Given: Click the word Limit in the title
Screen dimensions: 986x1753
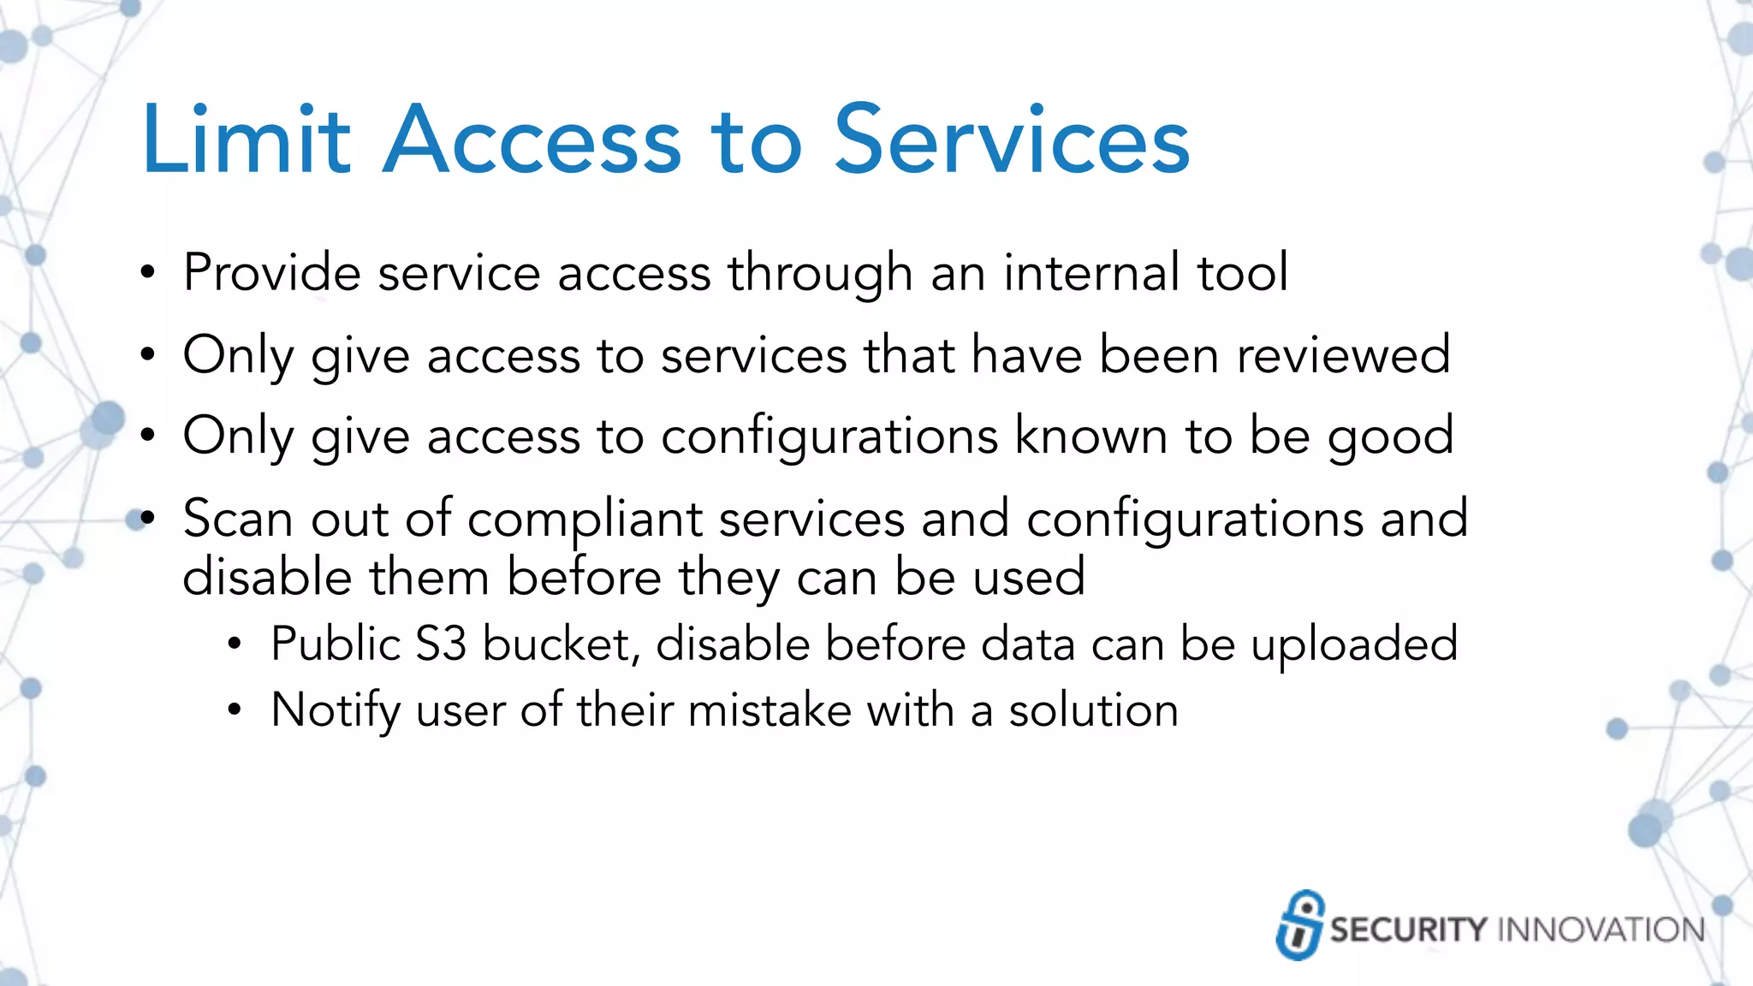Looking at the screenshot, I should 247,140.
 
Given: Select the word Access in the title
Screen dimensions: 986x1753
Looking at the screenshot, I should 532,140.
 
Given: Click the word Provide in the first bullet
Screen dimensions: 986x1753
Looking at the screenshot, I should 271,273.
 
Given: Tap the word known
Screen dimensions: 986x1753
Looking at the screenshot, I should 1091,436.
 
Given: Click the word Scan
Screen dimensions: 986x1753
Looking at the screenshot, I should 238,519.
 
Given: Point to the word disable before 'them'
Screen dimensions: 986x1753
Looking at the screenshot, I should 267,576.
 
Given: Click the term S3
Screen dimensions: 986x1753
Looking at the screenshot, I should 441,644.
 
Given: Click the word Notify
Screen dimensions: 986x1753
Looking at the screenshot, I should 336,711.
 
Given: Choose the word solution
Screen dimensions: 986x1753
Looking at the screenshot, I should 1093,710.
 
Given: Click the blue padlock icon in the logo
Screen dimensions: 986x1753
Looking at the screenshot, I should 1299,925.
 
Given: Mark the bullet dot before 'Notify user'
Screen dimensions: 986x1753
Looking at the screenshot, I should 235,710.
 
